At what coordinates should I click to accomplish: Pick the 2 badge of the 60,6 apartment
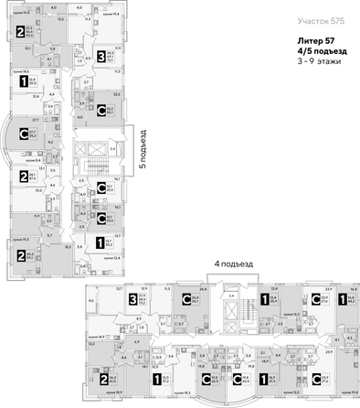19,34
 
